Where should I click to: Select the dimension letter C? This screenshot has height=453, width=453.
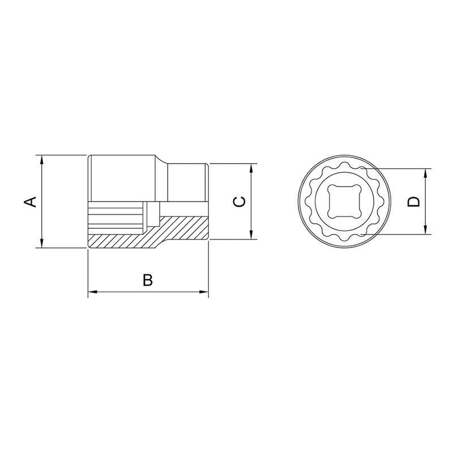pos(240,202)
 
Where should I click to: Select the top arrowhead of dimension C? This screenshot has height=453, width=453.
pos(251,168)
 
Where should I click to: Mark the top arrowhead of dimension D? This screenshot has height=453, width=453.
pos(426,173)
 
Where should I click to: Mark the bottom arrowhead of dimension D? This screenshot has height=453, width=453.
pos(426,230)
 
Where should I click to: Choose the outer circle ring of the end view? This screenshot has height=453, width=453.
pos(301,202)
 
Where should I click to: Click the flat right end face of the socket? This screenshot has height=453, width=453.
pos(208,202)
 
